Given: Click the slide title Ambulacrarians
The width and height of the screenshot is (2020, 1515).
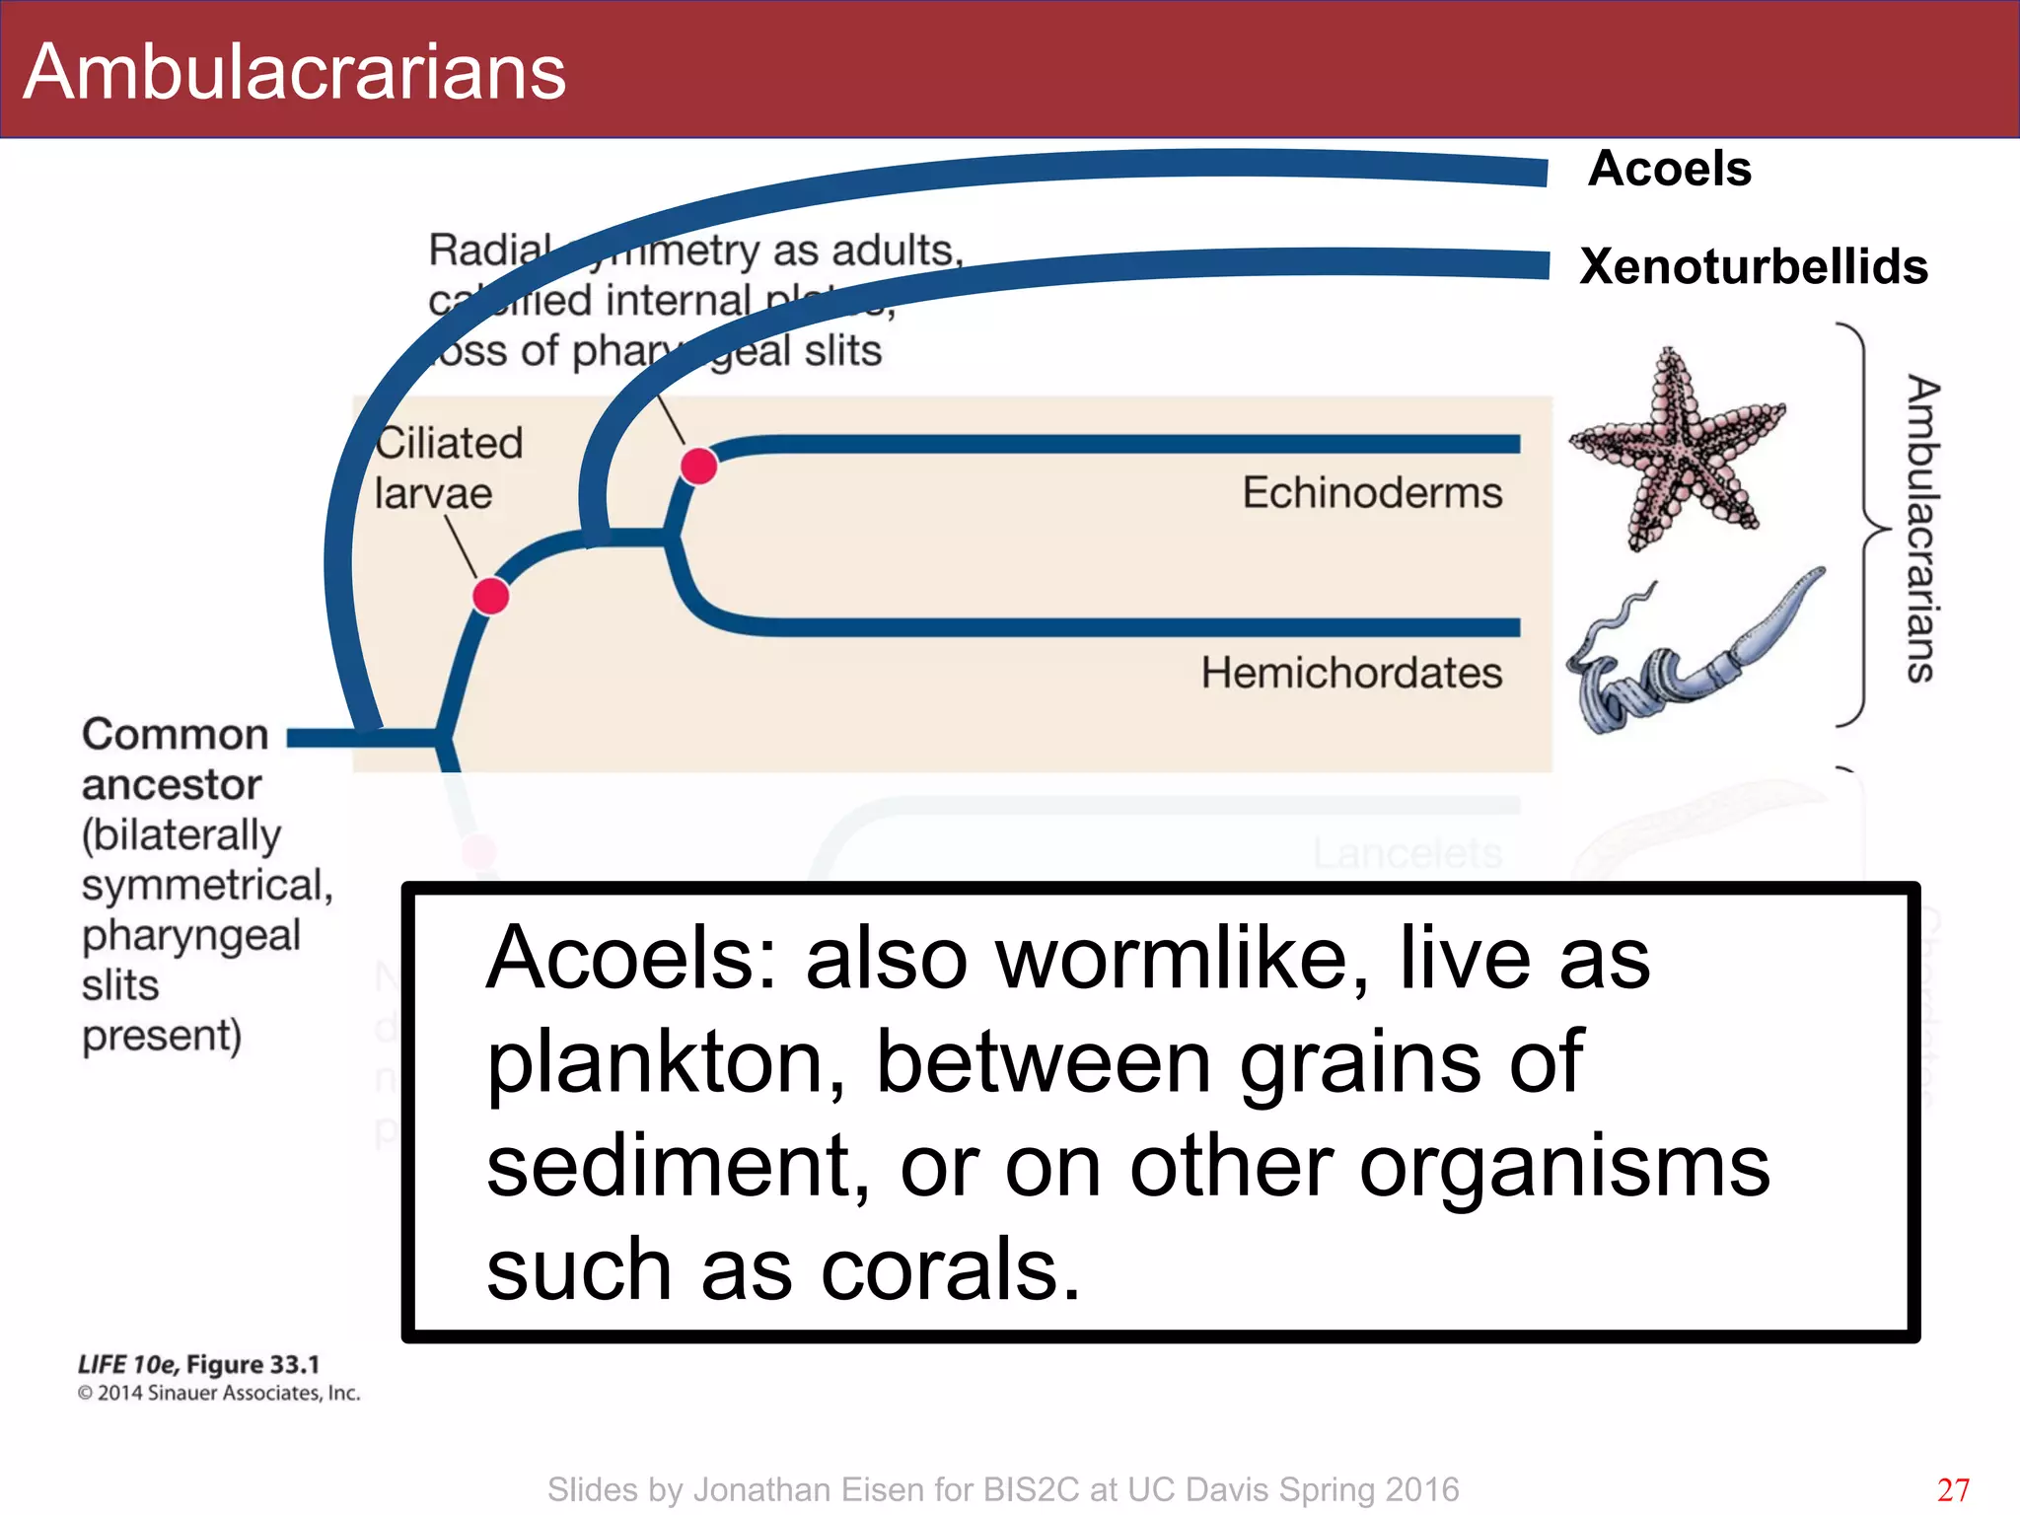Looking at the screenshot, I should tap(294, 72).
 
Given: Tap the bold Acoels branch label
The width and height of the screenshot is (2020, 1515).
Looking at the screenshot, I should tap(1669, 169).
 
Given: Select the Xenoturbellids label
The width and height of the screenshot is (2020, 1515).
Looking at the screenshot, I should tap(1753, 266).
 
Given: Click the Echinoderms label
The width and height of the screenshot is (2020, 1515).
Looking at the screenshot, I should tap(1371, 492).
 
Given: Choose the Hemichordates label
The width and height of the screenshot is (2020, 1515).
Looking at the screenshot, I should tap(1350, 673).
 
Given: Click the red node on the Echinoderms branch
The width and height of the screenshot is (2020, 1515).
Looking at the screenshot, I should tap(698, 466).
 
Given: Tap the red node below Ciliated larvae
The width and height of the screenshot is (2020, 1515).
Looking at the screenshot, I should tap(490, 596).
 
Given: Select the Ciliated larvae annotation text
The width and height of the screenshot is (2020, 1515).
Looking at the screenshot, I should tap(448, 468).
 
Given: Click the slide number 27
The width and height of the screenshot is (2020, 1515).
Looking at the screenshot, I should tap(1953, 1489).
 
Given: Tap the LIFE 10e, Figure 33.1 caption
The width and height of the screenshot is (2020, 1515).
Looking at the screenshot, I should tap(198, 1364).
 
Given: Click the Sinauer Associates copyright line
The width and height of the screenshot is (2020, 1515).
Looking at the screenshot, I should tap(219, 1393).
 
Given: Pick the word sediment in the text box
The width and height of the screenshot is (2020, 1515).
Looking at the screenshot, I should tap(678, 1167).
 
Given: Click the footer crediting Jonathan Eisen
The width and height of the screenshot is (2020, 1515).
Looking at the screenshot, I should tap(1002, 1489).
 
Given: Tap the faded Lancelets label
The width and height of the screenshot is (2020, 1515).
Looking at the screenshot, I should tap(1407, 853).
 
